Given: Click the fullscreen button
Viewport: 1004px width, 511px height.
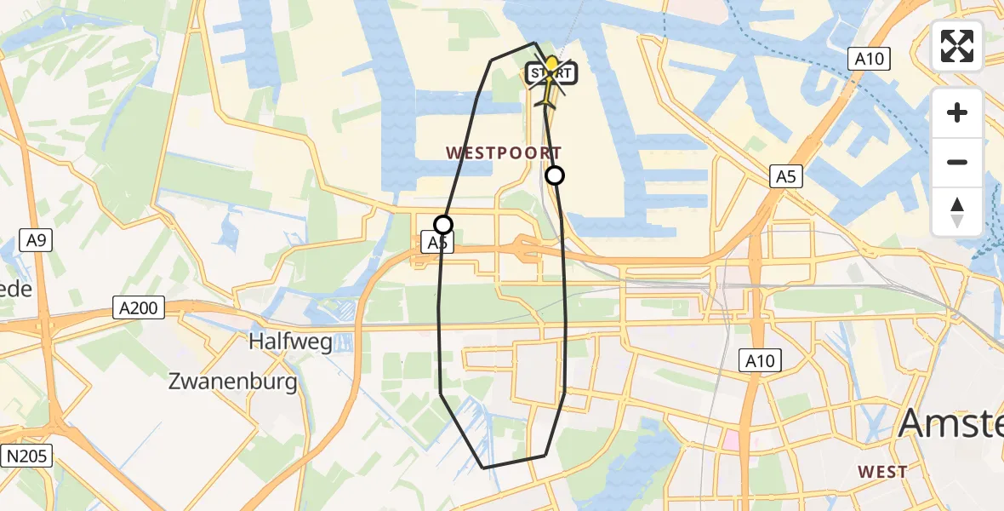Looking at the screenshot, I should (x=957, y=46).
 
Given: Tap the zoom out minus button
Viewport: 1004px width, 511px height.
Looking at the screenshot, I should (x=957, y=162).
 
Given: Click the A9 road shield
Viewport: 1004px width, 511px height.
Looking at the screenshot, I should (x=36, y=240).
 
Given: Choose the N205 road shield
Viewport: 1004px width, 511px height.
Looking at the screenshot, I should (x=27, y=456).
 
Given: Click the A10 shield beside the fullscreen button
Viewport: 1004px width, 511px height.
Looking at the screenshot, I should (x=869, y=59).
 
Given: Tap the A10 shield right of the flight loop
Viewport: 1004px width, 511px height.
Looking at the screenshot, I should (x=759, y=360).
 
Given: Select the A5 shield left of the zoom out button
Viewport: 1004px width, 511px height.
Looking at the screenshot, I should (x=785, y=177).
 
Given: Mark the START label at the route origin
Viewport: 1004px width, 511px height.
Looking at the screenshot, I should (x=552, y=73).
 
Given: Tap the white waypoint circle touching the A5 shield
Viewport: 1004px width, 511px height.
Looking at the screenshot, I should (x=443, y=225).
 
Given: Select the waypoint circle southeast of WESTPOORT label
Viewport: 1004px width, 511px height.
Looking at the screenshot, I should (x=555, y=175).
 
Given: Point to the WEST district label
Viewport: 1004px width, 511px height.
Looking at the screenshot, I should (x=882, y=471).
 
